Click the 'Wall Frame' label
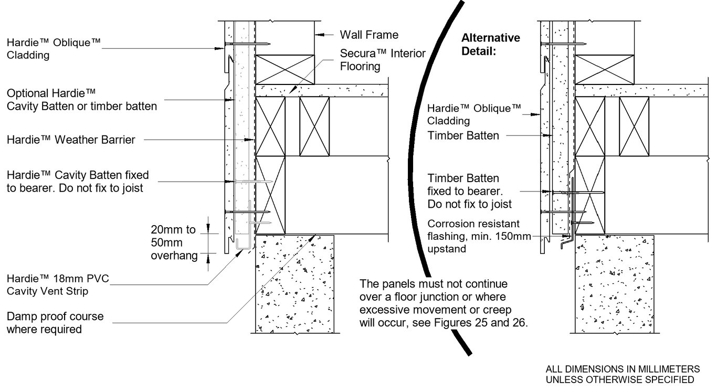click(x=369, y=35)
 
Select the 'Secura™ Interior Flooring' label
click(x=383, y=60)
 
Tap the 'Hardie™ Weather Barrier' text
click(x=71, y=140)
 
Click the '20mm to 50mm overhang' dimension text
click(x=173, y=242)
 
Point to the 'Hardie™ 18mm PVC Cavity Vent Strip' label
click(x=58, y=284)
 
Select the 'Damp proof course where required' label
click(x=55, y=323)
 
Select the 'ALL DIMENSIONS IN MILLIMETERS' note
click(x=623, y=368)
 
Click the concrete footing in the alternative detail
click(x=615, y=283)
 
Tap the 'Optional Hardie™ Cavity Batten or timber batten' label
click(x=81, y=100)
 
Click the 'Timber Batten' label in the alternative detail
click(x=463, y=135)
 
